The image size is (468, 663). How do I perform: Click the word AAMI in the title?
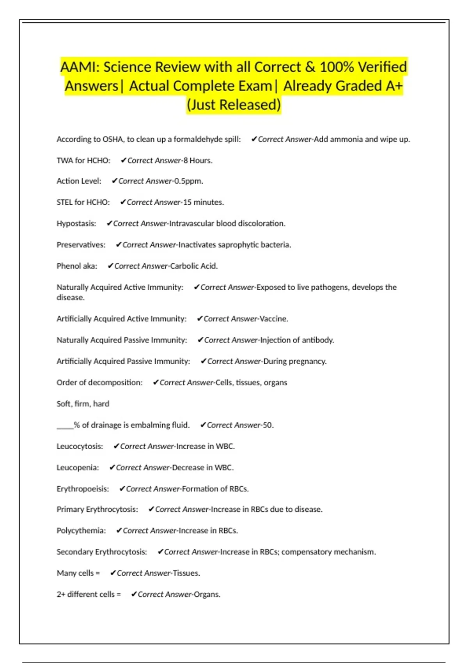point(76,67)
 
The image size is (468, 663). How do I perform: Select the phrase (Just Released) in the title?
point(234,105)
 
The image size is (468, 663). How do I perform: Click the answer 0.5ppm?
point(188,181)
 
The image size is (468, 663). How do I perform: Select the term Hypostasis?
point(76,223)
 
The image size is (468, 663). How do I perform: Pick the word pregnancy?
point(307,362)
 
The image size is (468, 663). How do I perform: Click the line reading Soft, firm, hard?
point(83,404)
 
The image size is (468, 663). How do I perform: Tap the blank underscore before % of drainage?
point(65,425)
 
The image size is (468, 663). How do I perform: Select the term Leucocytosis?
point(80,447)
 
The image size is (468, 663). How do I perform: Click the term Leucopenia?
point(77,468)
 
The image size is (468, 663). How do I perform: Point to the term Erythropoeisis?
point(82,489)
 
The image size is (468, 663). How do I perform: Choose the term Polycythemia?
point(81,531)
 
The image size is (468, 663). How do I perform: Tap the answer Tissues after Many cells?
point(186,573)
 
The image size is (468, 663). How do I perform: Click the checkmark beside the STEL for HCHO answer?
point(123,202)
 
